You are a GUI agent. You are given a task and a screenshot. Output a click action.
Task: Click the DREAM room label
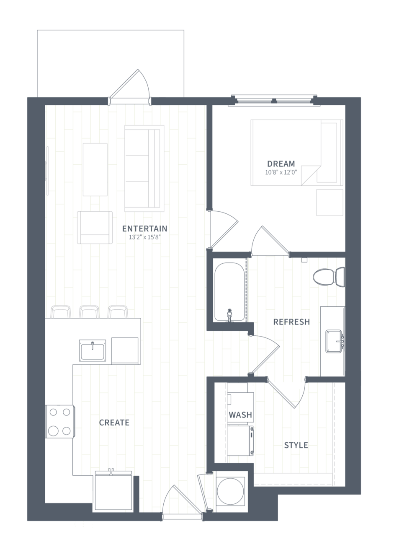tap(281, 164)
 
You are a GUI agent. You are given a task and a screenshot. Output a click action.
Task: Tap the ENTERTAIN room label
tap(144, 228)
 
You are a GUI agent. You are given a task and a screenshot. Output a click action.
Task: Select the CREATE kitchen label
tap(114, 423)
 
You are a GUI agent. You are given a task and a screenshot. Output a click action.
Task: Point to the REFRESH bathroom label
tap(291, 322)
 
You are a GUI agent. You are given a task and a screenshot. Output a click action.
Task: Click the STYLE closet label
tap(296, 445)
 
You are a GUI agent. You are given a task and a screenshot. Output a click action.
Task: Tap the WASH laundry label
tap(240, 415)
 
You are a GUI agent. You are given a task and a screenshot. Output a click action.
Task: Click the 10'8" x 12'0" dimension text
tap(281, 172)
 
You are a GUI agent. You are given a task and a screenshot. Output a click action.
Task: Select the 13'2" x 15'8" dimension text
tap(144, 237)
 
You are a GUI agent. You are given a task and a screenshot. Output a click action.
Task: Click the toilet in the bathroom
tap(329, 277)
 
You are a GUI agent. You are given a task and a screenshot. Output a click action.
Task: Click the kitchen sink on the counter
tap(93, 350)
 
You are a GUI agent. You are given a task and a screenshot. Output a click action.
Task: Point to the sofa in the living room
tap(144, 169)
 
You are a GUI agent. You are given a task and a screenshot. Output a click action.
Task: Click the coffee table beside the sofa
tap(95, 169)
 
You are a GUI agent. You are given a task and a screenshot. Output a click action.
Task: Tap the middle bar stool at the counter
tap(89, 311)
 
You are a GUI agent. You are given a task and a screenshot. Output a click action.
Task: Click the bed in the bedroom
tap(297, 153)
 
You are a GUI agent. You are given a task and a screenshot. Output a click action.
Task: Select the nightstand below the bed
tap(330, 202)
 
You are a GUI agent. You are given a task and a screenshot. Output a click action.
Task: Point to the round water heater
tap(230, 491)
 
